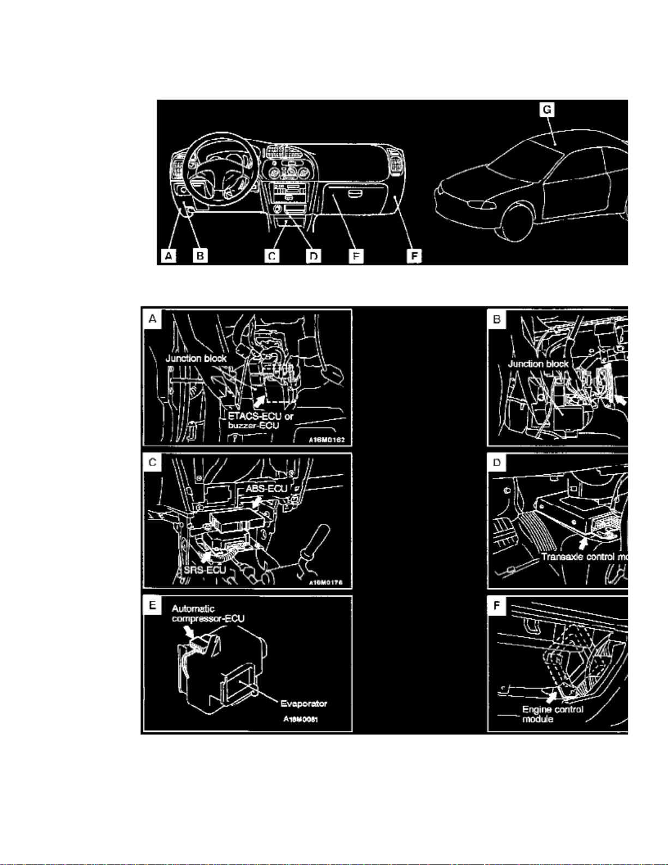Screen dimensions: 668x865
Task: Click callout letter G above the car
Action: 546,110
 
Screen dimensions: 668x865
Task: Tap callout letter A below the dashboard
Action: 169,255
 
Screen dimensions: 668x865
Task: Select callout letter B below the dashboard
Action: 201,255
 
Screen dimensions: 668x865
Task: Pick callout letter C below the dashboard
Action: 272,255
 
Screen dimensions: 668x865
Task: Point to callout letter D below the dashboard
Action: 314,255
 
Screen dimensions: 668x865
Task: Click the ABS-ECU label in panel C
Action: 266,488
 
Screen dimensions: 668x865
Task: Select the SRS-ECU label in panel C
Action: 204,570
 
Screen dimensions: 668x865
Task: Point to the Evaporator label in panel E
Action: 304,703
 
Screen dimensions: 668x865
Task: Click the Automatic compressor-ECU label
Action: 207,613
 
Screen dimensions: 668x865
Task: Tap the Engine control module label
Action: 552,714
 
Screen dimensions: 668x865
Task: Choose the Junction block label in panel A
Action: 196,359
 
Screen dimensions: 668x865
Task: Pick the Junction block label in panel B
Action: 538,363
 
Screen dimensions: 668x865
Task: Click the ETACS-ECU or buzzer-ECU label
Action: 260,421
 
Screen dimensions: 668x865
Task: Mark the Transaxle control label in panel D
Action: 584,557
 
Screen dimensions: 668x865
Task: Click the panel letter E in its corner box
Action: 152,605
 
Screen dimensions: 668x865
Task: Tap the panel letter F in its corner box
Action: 497,605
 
